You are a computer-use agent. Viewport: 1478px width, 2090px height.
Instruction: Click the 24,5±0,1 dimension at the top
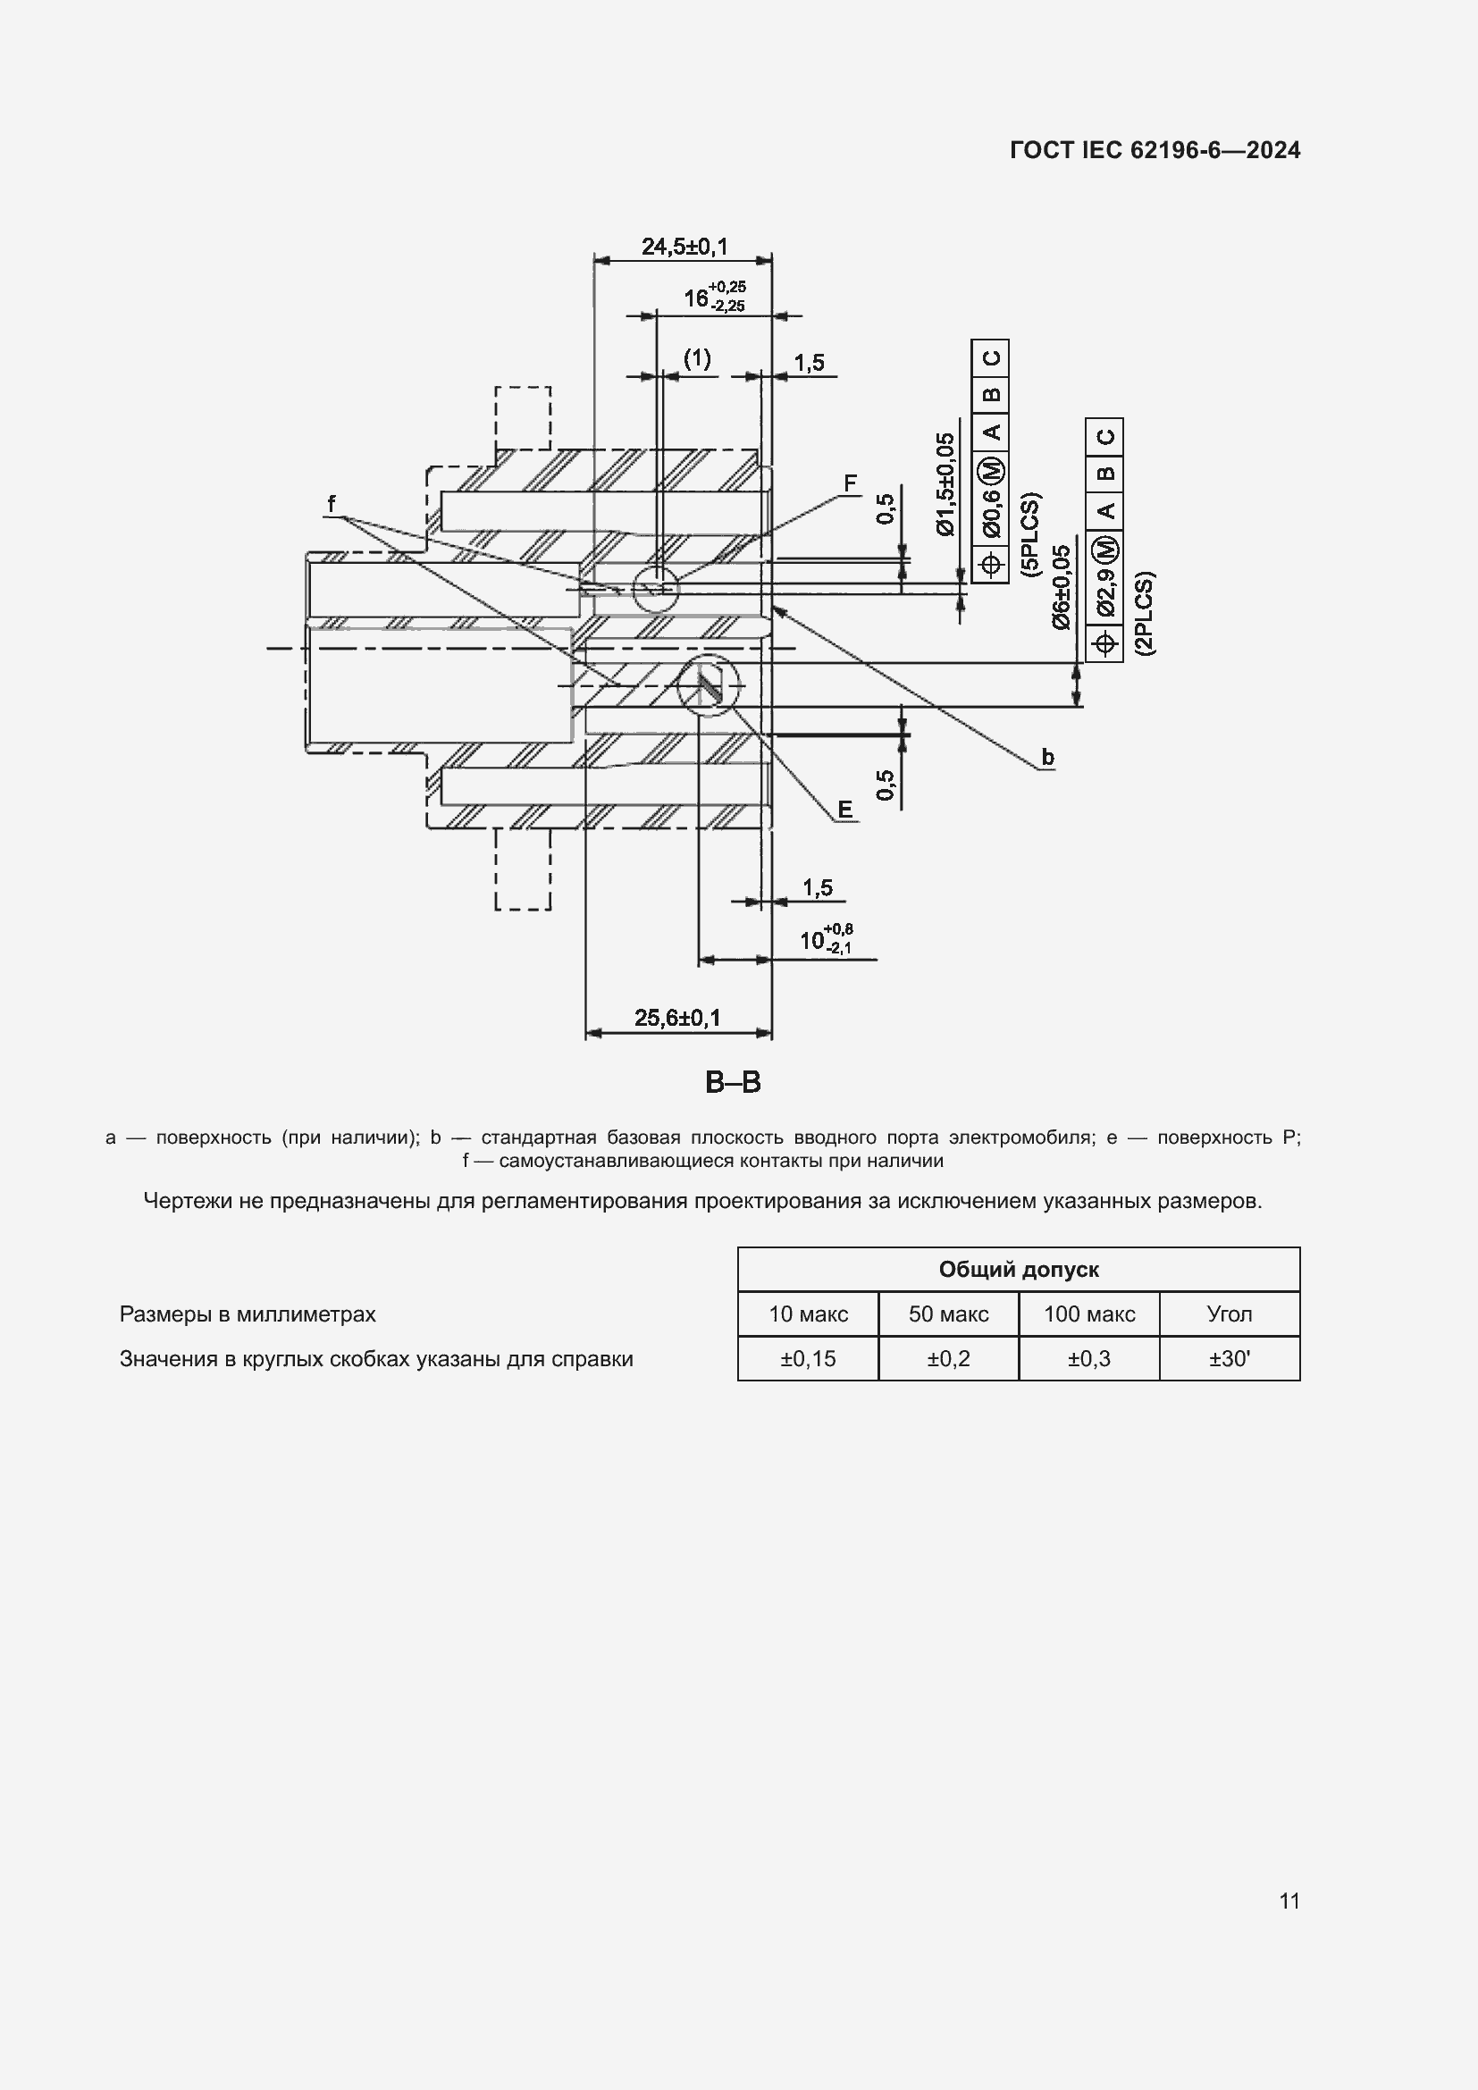pos(684,247)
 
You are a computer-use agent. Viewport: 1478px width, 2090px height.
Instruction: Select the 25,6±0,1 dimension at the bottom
pos(677,1018)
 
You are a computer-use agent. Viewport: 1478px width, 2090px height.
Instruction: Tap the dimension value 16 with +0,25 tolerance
pos(713,298)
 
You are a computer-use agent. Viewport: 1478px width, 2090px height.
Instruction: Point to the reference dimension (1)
pos(697,358)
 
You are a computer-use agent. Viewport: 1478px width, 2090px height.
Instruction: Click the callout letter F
pos(850,483)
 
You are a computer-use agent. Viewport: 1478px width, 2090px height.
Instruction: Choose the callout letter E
pos(844,810)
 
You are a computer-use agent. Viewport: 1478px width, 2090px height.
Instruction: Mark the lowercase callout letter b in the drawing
pos(1047,758)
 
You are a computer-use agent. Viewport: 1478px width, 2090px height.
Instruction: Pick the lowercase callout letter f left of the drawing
pos(332,503)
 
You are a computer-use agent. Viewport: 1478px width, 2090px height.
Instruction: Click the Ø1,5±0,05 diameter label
pos(946,484)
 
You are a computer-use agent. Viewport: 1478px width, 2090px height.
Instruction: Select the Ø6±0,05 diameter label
pos(1061,588)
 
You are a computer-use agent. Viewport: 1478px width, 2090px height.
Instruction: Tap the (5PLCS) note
pos(1030,534)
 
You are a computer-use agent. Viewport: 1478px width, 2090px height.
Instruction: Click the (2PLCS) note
pos(1144,614)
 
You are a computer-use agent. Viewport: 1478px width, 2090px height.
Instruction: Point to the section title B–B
pos(733,1082)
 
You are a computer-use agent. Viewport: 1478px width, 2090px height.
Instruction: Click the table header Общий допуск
pos(1019,1270)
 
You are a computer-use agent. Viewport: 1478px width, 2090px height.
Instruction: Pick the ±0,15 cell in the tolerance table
pos(807,1359)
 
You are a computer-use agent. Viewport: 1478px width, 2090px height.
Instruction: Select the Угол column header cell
pos(1229,1314)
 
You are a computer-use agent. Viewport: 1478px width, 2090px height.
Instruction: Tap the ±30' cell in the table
pos(1229,1359)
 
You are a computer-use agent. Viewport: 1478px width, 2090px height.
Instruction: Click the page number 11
pos(1289,1901)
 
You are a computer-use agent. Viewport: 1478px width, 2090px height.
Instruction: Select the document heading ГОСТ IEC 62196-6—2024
pos(1155,150)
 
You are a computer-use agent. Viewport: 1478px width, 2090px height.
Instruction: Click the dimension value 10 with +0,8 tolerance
pos(825,939)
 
